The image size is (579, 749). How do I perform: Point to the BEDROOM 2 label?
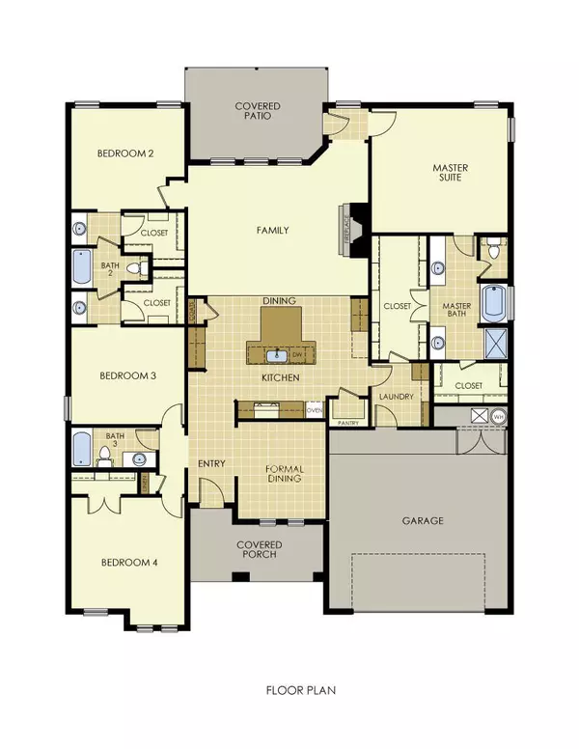[125, 153]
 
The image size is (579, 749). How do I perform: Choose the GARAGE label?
[423, 520]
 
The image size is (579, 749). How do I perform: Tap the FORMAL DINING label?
[283, 474]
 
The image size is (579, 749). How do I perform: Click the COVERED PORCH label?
[258, 551]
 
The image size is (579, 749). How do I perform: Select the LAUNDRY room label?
[397, 397]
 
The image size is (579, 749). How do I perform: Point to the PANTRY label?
[345, 422]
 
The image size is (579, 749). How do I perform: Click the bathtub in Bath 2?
[80, 266]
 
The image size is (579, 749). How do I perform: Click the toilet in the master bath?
[494, 251]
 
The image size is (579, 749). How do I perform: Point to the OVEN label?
[314, 410]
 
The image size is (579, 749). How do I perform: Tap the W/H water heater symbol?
[498, 417]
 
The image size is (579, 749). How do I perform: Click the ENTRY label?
[211, 464]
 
